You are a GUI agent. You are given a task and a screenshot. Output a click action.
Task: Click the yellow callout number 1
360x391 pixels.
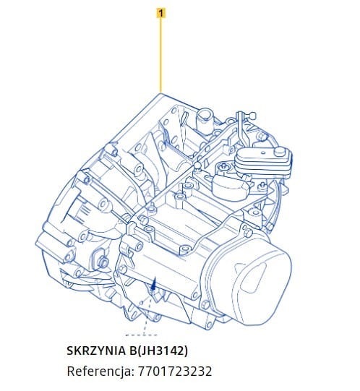tap(161, 13)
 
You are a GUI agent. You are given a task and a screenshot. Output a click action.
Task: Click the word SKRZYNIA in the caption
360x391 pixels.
tap(96, 351)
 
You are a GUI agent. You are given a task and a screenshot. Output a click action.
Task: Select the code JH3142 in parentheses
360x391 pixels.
tap(162, 351)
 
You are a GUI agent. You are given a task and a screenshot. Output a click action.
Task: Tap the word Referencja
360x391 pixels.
tap(100, 371)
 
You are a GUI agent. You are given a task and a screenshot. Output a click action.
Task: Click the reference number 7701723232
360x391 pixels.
tap(175, 371)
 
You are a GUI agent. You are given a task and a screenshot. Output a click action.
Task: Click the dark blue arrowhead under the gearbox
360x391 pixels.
tap(154, 283)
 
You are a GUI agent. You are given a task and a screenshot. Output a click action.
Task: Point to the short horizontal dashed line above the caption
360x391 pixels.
tap(142, 335)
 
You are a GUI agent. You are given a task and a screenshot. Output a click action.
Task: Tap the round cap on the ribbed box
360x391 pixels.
tap(279, 151)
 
